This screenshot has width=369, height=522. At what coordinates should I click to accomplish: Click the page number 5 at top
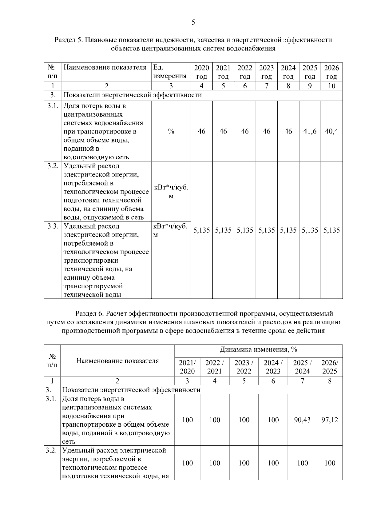coord(193,22)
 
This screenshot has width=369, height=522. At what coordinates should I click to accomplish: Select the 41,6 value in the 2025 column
coord(310,131)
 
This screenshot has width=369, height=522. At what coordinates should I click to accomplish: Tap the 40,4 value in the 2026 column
coord(331,131)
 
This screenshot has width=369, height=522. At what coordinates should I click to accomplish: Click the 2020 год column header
coord(201,72)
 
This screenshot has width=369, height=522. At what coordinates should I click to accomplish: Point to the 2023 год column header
coord(266,72)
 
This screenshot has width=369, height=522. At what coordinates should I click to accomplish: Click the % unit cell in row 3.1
coord(171,131)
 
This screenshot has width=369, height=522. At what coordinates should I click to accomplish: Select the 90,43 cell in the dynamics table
coord(302,420)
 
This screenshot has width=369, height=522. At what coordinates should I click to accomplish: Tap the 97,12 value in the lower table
coord(330,420)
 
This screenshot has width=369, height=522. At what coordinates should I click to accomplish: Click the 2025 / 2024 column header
coord(302,367)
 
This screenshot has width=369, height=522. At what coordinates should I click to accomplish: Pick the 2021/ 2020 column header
coord(187,367)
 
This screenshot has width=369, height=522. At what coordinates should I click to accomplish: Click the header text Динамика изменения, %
coord(258,349)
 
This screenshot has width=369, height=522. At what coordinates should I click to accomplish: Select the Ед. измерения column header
coord(170,72)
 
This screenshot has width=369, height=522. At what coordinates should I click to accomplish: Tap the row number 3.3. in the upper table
coord(53,226)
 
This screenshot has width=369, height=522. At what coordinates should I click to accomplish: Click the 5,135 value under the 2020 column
coord(201,230)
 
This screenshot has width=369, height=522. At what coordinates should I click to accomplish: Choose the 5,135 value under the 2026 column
coord(331,230)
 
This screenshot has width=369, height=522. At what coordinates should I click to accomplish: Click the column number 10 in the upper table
coord(331,86)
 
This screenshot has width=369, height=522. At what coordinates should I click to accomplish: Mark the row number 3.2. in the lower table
coord(51,451)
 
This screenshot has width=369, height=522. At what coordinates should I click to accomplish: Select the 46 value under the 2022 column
coord(245,131)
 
